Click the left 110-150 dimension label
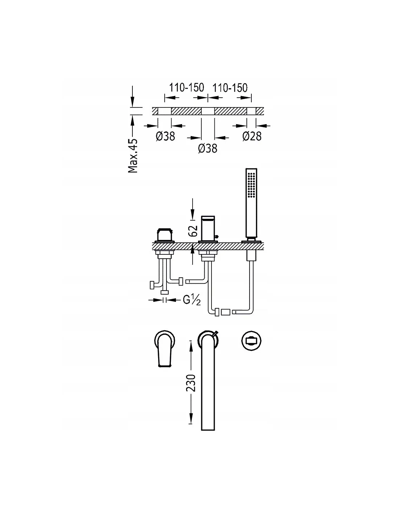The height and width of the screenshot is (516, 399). tap(186, 87)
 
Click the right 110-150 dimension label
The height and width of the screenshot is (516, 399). tap(230, 88)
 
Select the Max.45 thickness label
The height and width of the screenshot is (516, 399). tap(133, 156)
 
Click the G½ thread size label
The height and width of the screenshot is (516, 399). tap(192, 300)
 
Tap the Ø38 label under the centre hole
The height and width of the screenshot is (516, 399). tap(208, 148)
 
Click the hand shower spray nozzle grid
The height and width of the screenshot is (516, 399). tap(251, 184)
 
